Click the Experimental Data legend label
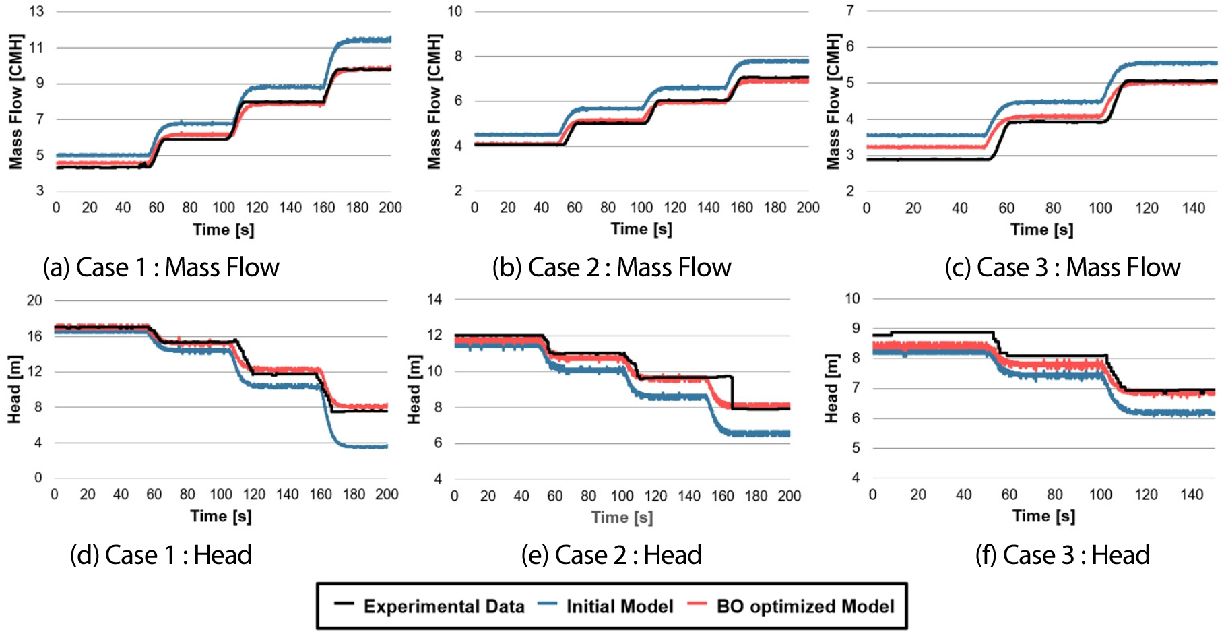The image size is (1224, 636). point(444,606)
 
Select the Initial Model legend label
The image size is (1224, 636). point(619,606)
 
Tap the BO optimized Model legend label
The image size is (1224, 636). point(805,606)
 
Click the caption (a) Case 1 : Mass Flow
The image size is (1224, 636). point(161,267)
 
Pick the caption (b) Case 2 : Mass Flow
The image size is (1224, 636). point(612,267)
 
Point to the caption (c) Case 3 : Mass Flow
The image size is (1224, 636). point(1062,267)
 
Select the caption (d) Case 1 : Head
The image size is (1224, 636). point(161,555)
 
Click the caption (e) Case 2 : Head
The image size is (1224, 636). point(612,555)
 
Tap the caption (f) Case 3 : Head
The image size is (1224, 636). point(1062,555)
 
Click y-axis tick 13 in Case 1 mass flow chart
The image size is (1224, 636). point(36,11)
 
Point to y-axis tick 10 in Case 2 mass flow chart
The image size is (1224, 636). point(455,11)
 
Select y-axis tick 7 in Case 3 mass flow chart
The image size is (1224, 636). point(850,11)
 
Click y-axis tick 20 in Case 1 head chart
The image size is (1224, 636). point(34,300)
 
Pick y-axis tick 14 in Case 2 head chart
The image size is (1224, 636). point(434,299)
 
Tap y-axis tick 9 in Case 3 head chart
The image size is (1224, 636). point(856,328)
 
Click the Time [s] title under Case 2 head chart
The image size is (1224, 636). point(622,517)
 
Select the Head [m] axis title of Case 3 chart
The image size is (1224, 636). point(831,389)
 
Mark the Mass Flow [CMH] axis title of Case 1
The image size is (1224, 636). point(15,101)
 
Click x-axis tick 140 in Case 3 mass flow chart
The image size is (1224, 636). point(1193,208)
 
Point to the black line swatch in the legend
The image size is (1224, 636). point(344,604)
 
